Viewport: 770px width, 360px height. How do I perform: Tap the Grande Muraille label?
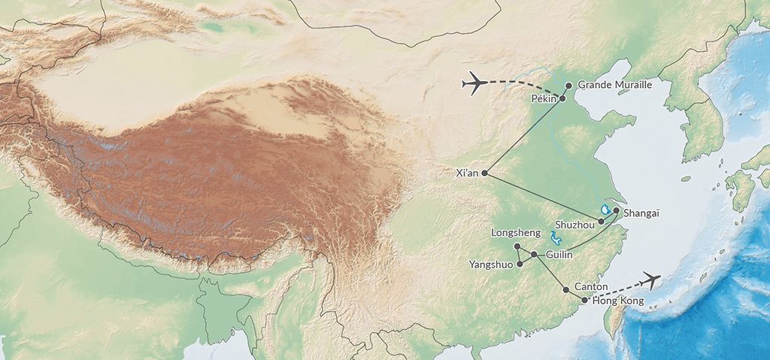tap(614, 86)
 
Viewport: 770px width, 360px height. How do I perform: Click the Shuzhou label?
tap(575, 224)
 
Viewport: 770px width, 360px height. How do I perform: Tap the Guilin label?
tap(559, 256)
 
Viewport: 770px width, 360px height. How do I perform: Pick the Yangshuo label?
tap(490, 265)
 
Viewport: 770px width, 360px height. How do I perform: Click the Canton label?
tap(590, 286)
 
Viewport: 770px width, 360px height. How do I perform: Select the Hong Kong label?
tap(619, 301)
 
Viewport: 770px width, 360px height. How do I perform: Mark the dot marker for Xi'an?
tap(484, 173)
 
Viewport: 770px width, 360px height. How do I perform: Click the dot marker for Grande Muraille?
tap(568, 86)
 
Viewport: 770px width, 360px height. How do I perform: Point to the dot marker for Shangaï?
tap(616, 210)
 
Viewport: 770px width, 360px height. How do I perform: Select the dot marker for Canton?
tap(565, 289)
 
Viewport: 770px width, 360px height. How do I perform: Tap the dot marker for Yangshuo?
tap(520, 264)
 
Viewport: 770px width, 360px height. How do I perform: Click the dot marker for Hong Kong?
tap(584, 301)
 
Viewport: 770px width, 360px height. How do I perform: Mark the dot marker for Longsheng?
tap(517, 247)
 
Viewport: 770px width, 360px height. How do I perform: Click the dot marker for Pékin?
tap(562, 98)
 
